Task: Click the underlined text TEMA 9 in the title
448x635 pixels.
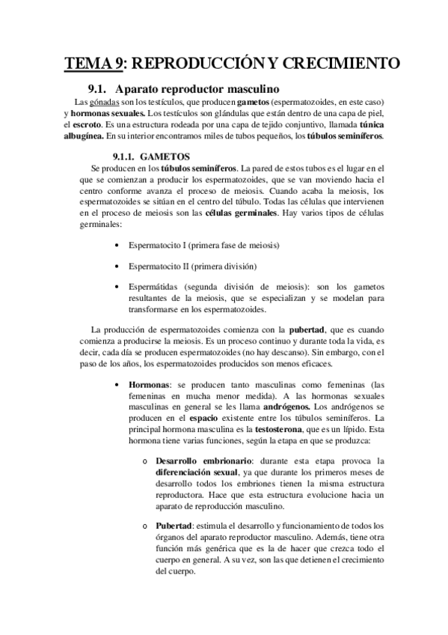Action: [93, 61]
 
